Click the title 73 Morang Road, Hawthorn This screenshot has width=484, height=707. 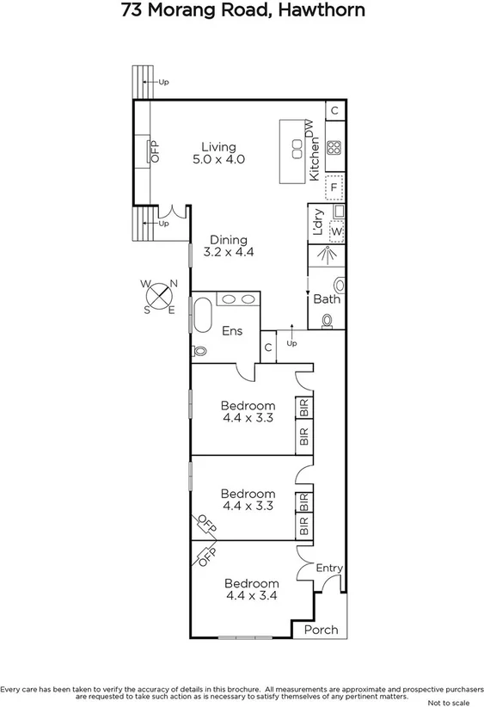click(242, 11)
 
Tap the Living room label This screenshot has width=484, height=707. click(218, 147)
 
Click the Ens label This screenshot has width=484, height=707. click(232, 331)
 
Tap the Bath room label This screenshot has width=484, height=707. click(327, 299)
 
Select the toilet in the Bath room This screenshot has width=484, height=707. click(328, 321)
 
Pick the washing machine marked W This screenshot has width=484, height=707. click(336, 231)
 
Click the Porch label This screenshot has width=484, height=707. click(322, 630)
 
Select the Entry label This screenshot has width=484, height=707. click(329, 568)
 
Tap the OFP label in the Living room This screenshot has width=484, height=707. click(156, 152)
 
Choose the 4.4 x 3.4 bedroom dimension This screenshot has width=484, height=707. click(252, 595)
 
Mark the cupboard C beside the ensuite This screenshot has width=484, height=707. click(268, 347)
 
